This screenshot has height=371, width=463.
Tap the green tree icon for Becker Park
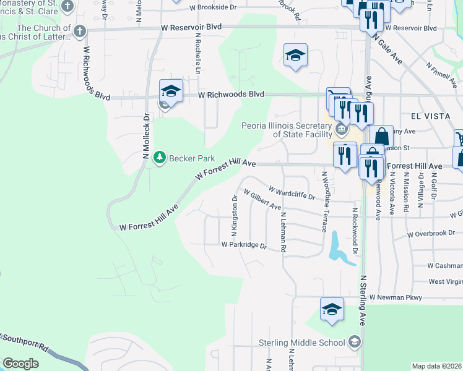tap(160, 157)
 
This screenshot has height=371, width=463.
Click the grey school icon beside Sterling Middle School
tap(353, 341)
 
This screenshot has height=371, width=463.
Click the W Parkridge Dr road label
tap(244, 245)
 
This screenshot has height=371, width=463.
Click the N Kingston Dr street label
tap(235, 217)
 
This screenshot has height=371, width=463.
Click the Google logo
tap(20, 364)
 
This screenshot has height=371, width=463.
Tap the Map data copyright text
tap(437, 366)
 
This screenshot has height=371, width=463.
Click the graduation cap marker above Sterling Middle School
tap(332, 309)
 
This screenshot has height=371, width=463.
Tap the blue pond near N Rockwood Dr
tap(337, 247)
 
